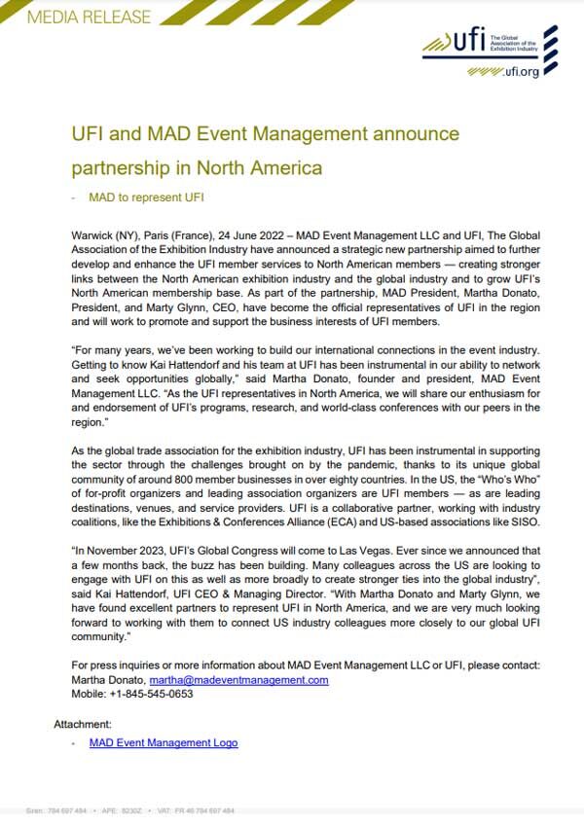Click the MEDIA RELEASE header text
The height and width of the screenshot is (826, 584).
coord(91,17)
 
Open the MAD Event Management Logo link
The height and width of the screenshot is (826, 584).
coord(163,742)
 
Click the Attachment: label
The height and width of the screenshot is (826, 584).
coord(83,724)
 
